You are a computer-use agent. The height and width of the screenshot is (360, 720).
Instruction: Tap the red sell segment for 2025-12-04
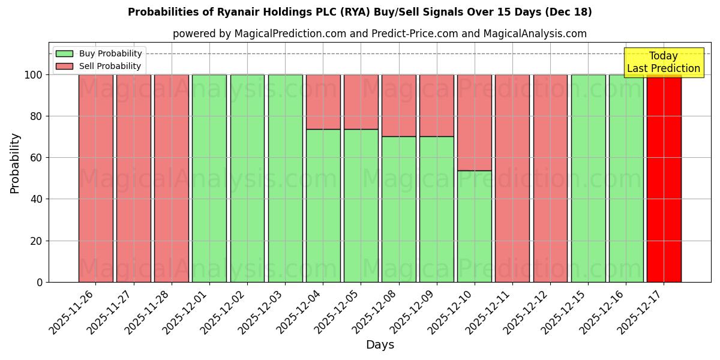(323, 102)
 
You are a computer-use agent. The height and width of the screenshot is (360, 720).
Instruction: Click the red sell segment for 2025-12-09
(436, 106)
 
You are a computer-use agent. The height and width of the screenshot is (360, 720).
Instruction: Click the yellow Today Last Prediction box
(664, 62)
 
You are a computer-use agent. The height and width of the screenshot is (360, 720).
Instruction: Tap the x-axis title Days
(380, 345)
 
